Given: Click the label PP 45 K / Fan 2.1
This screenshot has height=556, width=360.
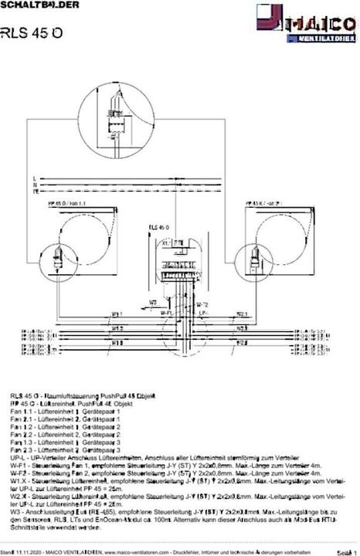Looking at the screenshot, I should point(264,202).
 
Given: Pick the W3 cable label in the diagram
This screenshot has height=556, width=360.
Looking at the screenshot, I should point(154,301).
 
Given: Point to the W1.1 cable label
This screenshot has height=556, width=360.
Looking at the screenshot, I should point(116,314).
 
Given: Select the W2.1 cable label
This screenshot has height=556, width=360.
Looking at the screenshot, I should point(240,314).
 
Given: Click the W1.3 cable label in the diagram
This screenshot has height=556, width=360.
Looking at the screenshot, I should point(116,341).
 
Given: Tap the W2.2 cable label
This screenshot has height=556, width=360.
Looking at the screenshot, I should point(240,327).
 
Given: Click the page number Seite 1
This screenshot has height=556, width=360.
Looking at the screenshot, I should point(345,551).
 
